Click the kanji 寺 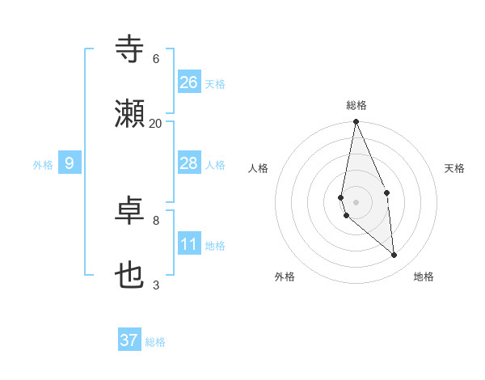130,49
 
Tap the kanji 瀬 130,115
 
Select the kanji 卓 130,211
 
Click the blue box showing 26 189,82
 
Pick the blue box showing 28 189,164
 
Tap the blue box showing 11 189,245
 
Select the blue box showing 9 70,164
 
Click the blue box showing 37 129,340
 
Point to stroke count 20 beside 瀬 156,123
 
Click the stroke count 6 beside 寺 156,59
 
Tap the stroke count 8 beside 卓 156,220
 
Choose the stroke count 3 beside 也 156,285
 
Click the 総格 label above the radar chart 356,105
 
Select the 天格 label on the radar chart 454,168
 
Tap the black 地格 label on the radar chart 424,277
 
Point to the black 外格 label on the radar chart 285,277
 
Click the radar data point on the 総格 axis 356,122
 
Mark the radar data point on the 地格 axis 394,255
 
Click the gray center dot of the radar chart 356,201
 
